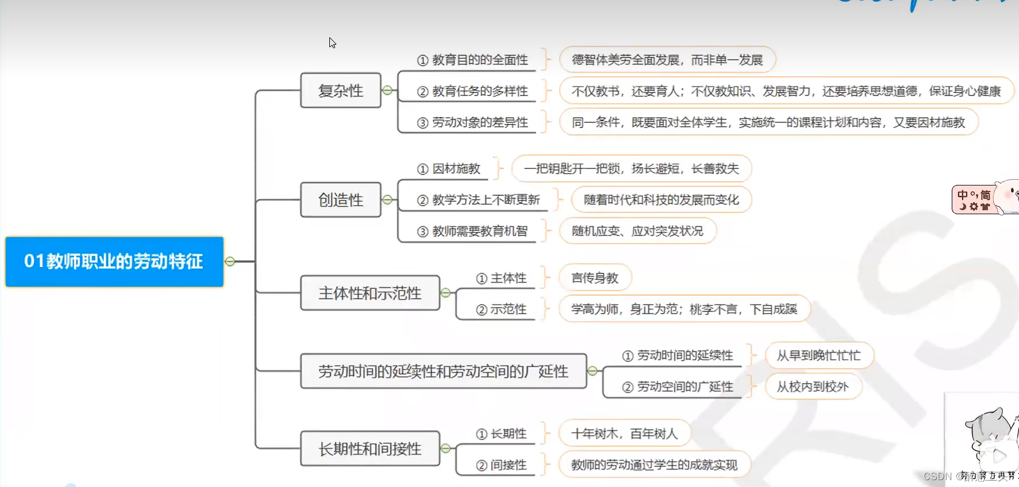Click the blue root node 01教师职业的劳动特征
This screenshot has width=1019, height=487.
(114, 261)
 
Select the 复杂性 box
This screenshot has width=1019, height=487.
(340, 91)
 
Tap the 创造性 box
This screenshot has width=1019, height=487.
(340, 200)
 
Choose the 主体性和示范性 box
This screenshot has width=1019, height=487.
(370, 293)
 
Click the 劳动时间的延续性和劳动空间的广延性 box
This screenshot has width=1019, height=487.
(443, 372)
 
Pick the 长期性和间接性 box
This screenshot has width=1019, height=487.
(370, 449)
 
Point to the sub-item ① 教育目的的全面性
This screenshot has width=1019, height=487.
(472, 60)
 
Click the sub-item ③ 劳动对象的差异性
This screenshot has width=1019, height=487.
(472, 122)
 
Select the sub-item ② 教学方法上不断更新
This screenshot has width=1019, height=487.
(478, 200)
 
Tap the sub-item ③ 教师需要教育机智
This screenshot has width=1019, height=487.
(472, 231)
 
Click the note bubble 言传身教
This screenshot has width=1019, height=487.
(595, 278)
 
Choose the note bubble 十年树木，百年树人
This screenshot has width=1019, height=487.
(624, 434)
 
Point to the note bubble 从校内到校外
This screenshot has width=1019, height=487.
(813, 386)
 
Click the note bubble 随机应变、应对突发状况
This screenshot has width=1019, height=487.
(637, 231)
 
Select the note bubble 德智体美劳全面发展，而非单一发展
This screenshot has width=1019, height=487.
(667, 60)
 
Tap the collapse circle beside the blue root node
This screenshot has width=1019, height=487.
(230, 261)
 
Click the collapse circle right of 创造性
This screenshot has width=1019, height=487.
(387, 200)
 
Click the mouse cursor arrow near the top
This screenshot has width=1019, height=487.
(332, 42)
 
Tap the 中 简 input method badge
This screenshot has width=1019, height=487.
(974, 200)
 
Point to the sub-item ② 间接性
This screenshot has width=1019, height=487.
(501, 465)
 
